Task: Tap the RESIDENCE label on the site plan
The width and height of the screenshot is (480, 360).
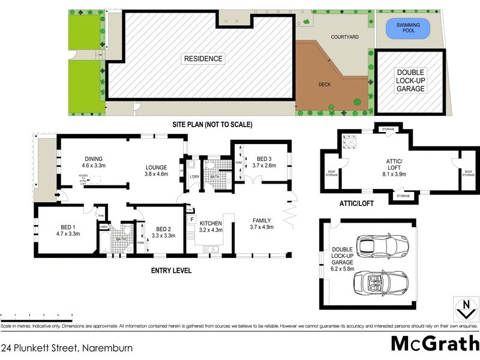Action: click(x=203, y=59)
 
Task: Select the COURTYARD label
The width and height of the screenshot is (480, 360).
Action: click(x=345, y=37)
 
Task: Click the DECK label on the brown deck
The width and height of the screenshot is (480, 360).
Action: click(x=325, y=85)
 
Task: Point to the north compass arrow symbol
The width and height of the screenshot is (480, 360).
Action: click(x=463, y=309)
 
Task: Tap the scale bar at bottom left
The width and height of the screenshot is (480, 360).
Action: click(x=37, y=316)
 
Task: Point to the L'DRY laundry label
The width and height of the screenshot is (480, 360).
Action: click(x=194, y=176)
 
